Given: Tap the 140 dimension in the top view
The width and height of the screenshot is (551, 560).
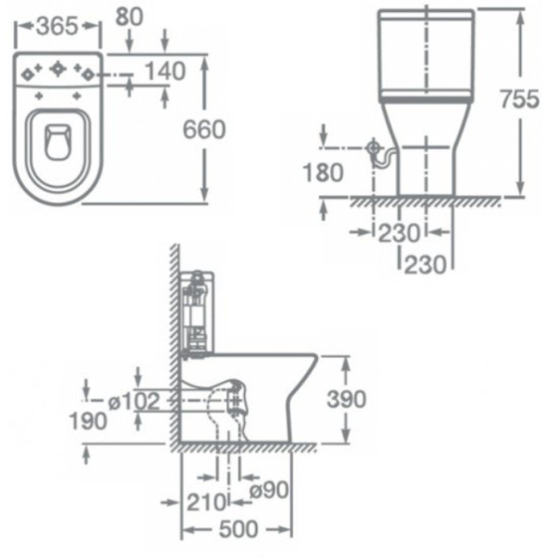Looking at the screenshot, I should pos(165,70).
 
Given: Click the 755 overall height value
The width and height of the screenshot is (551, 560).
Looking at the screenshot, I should pos(517,99).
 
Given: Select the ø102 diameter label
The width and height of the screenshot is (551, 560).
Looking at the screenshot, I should pos(134,401).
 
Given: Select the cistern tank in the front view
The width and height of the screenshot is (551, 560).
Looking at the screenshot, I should pos(425,54).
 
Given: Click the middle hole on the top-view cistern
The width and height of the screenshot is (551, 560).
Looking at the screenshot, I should pos(58,69).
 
